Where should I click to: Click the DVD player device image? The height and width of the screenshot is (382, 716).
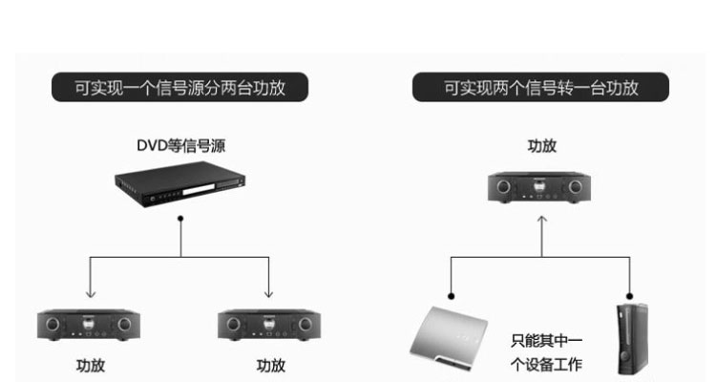179,183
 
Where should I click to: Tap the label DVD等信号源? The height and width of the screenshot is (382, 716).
180,146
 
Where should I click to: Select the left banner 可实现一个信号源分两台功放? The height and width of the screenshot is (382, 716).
179,87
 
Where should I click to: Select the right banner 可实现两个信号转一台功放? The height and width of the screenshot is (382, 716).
540,87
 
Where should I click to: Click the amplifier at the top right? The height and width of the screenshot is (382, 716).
539,187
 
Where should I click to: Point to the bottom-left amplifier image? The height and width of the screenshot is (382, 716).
89,325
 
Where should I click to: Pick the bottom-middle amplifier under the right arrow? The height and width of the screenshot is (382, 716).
269,325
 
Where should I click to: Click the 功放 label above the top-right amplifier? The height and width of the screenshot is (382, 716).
542,146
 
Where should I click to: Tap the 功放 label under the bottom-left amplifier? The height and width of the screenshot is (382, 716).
91,366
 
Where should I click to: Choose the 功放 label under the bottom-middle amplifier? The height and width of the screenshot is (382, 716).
271,366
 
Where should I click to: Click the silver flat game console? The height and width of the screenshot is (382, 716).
449,338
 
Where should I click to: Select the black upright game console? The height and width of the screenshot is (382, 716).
632,339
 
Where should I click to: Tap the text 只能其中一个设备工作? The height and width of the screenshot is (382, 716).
547,352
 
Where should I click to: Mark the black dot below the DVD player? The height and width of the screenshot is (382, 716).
180,219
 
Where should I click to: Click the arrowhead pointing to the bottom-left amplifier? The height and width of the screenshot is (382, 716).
91,293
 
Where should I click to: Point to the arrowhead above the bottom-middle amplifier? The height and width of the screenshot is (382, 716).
268,293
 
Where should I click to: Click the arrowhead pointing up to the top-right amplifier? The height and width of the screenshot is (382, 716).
542,220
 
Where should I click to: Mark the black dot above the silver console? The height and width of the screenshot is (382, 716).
452,296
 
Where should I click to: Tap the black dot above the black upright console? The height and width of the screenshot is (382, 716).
630,296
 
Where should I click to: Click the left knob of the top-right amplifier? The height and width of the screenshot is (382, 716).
503,186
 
